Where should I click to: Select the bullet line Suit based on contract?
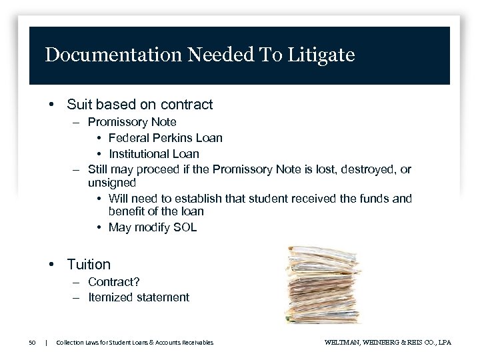point(139,105)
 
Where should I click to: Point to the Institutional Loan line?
point(153,154)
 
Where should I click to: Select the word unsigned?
point(112,183)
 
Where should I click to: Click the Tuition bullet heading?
point(89,265)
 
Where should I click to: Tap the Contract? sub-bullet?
point(114,282)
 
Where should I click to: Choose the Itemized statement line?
point(139,297)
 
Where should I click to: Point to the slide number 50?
point(32,343)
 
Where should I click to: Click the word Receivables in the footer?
point(196,343)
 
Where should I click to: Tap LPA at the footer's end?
point(444,343)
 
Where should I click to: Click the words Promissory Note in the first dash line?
point(132,122)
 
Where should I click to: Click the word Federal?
point(128,138)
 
